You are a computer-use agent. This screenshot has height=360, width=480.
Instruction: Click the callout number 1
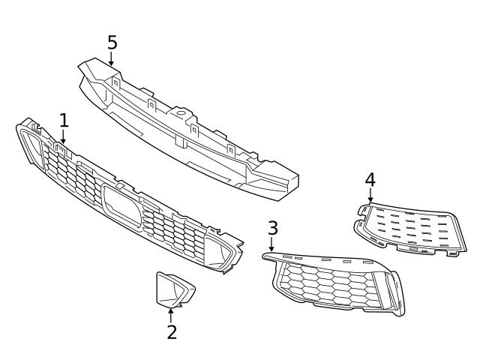(x=64, y=120)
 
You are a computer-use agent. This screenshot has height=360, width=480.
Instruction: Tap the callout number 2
(x=172, y=331)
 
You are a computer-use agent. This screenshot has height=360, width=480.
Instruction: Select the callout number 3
(x=273, y=229)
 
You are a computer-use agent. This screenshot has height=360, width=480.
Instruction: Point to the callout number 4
(x=370, y=180)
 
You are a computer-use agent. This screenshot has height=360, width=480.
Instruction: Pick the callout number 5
(x=112, y=42)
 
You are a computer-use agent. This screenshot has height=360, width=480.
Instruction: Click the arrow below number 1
(x=64, y=136)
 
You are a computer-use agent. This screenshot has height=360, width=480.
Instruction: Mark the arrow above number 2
(x=172, y=313)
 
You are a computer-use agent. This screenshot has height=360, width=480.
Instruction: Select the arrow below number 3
(x=271, y=244)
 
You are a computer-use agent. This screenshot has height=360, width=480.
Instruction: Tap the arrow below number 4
(x=370, y=196)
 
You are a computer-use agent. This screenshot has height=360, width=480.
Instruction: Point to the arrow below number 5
(x=112, y=60)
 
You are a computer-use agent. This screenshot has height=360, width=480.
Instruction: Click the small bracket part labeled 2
(x=173, y=290)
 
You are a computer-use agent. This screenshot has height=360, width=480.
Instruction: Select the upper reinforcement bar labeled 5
(x=187, y=127)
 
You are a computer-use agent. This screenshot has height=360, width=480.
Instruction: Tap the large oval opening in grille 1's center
(x=120, y=205)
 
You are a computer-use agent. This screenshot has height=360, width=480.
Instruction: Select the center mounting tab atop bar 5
(x=179, y=115)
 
